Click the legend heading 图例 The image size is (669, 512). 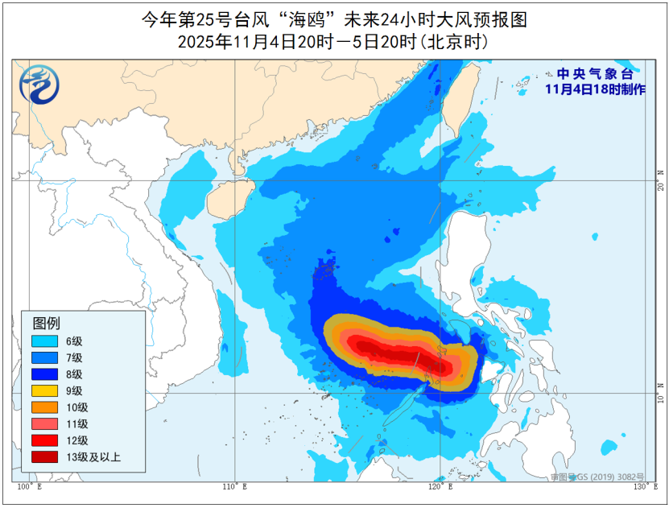46,323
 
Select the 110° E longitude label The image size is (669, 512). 234,488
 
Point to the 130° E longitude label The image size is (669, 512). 640,488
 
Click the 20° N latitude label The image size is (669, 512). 660,180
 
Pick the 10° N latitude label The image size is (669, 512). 660,394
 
